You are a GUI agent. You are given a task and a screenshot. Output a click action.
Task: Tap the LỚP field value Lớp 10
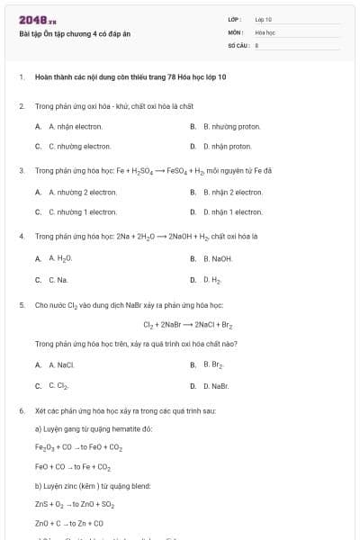click(264, 19)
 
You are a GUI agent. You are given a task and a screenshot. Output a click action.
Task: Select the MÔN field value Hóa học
click(265, 31)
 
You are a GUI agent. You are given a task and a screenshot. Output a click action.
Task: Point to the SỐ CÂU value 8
click(256, 44)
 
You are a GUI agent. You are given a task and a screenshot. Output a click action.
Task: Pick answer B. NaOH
click(217, 258)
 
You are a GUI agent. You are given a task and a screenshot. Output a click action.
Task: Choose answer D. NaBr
click(216, 386)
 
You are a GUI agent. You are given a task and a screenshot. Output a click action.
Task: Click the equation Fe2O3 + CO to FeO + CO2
click(78, 446)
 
